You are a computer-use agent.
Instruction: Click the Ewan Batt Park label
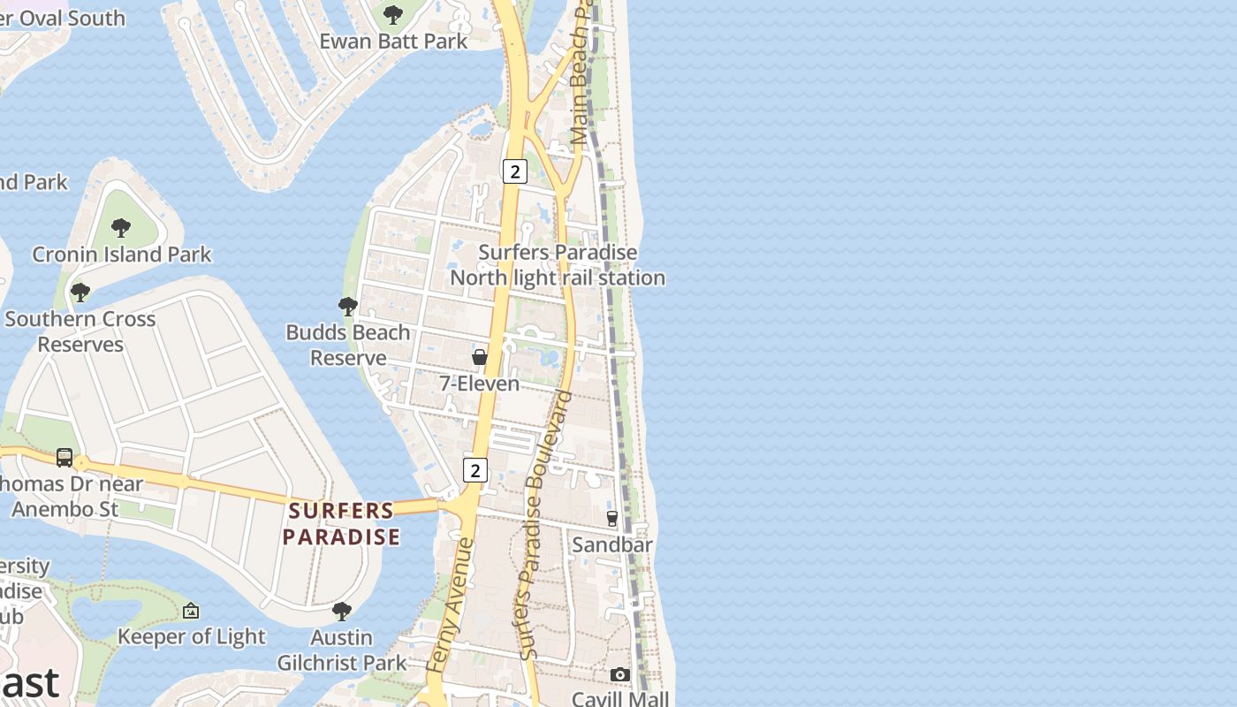pos(393,41)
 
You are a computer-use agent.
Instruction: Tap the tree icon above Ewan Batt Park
pos(393,14)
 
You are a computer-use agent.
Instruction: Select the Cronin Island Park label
pos(122,255)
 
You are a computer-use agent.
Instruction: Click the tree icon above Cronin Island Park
pos(121,228)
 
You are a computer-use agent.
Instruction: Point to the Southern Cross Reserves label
pos(80,331)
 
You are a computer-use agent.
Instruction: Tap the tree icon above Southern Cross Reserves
pos(80,292)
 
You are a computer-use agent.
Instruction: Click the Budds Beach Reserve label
pos(348,345)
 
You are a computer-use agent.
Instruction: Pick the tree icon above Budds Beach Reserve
pos(348,307)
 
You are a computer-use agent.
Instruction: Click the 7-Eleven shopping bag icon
pos(479,357)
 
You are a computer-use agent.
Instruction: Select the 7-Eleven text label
pos(479,384)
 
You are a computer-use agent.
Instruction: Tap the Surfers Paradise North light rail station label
pos(558,265)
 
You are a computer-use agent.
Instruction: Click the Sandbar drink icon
pos(612,519)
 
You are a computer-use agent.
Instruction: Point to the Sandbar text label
pos(612,544)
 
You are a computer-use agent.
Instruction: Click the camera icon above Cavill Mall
pos(620,675)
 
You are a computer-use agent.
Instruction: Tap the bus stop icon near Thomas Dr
pos(65,457)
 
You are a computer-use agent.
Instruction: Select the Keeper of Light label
pos(191,636)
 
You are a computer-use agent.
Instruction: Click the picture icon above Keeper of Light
pos(191,611)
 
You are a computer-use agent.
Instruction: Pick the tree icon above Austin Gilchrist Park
pos(342,611)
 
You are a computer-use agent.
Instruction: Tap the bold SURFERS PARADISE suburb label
pos(341,523)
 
